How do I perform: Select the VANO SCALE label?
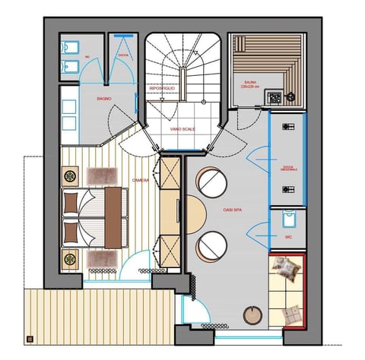coord(182,129)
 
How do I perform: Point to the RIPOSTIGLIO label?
coord(163,89)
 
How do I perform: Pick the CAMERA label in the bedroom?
coord(140,180)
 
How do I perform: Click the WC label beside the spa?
coord(287,237)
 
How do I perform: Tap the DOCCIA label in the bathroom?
coord(122,55)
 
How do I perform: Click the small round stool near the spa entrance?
coord(251,315)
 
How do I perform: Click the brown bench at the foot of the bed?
coord(114,218)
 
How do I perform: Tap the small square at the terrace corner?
coord(30,339)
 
